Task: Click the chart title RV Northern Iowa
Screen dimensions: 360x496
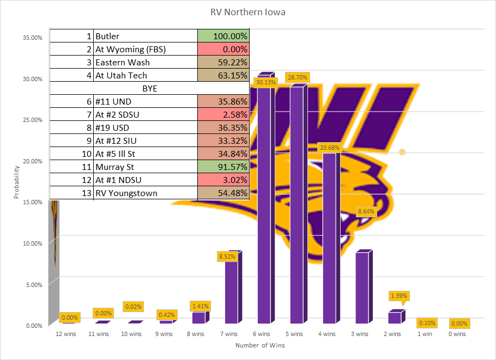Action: (x=247, y=12)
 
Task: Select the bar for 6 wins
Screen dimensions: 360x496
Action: (x=264, y=202)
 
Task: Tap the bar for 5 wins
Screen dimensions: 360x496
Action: (x=297, y=207)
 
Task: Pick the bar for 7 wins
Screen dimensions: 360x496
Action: (x=232, y=291)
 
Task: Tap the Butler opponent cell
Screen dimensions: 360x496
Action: (x=146, y=36)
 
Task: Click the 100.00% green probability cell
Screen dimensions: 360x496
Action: (x=223, y=36)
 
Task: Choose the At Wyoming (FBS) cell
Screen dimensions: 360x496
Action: (x=146, y=49)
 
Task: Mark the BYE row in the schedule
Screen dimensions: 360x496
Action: (x=149, y=88)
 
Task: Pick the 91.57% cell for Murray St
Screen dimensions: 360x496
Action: (x=223, y=167)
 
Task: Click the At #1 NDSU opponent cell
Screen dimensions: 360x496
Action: (x=146, y=180)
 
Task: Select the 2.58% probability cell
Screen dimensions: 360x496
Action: (x=223, y=114)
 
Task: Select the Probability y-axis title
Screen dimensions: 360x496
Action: (x=16, y=181)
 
